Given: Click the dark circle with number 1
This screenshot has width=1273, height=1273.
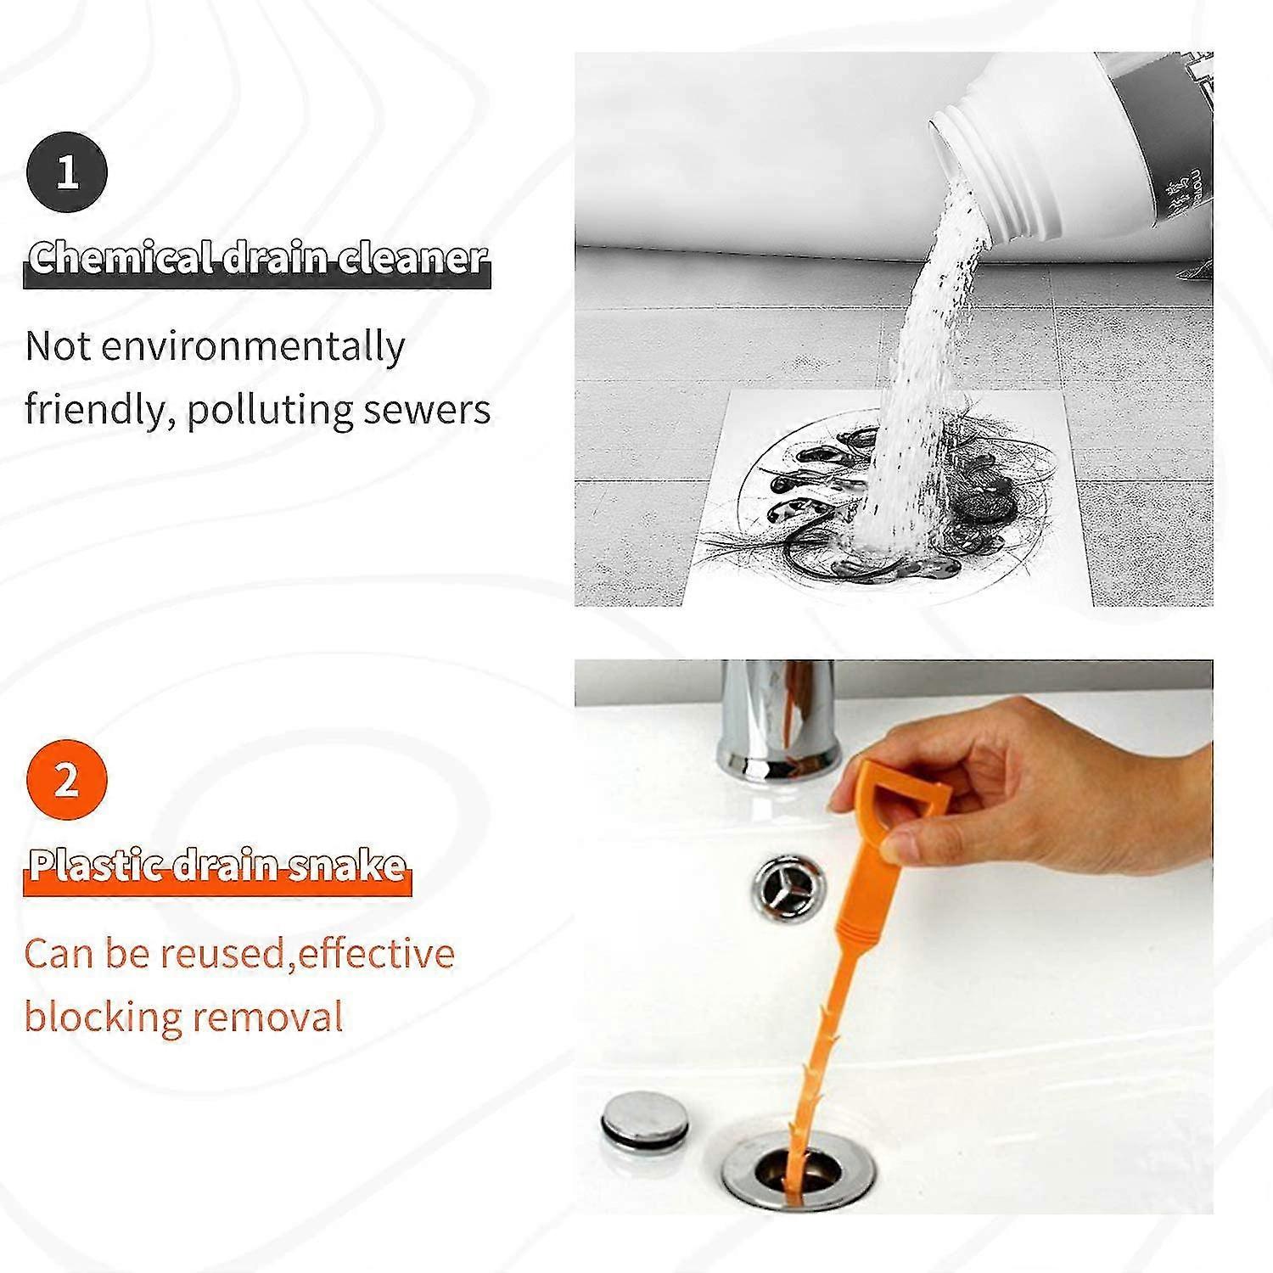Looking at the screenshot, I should coord(67,172).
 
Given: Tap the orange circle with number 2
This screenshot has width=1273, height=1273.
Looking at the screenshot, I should coord(67,780).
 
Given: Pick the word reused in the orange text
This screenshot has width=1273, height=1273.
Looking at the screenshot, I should coord(222,954).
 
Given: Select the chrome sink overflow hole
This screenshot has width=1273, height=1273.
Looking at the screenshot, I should coord(788,888).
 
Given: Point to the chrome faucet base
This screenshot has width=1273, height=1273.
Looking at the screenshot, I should coord(777,747).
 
